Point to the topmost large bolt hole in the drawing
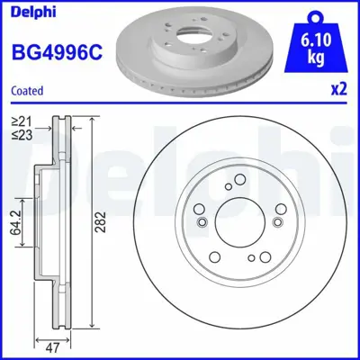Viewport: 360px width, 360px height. [238, 179]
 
